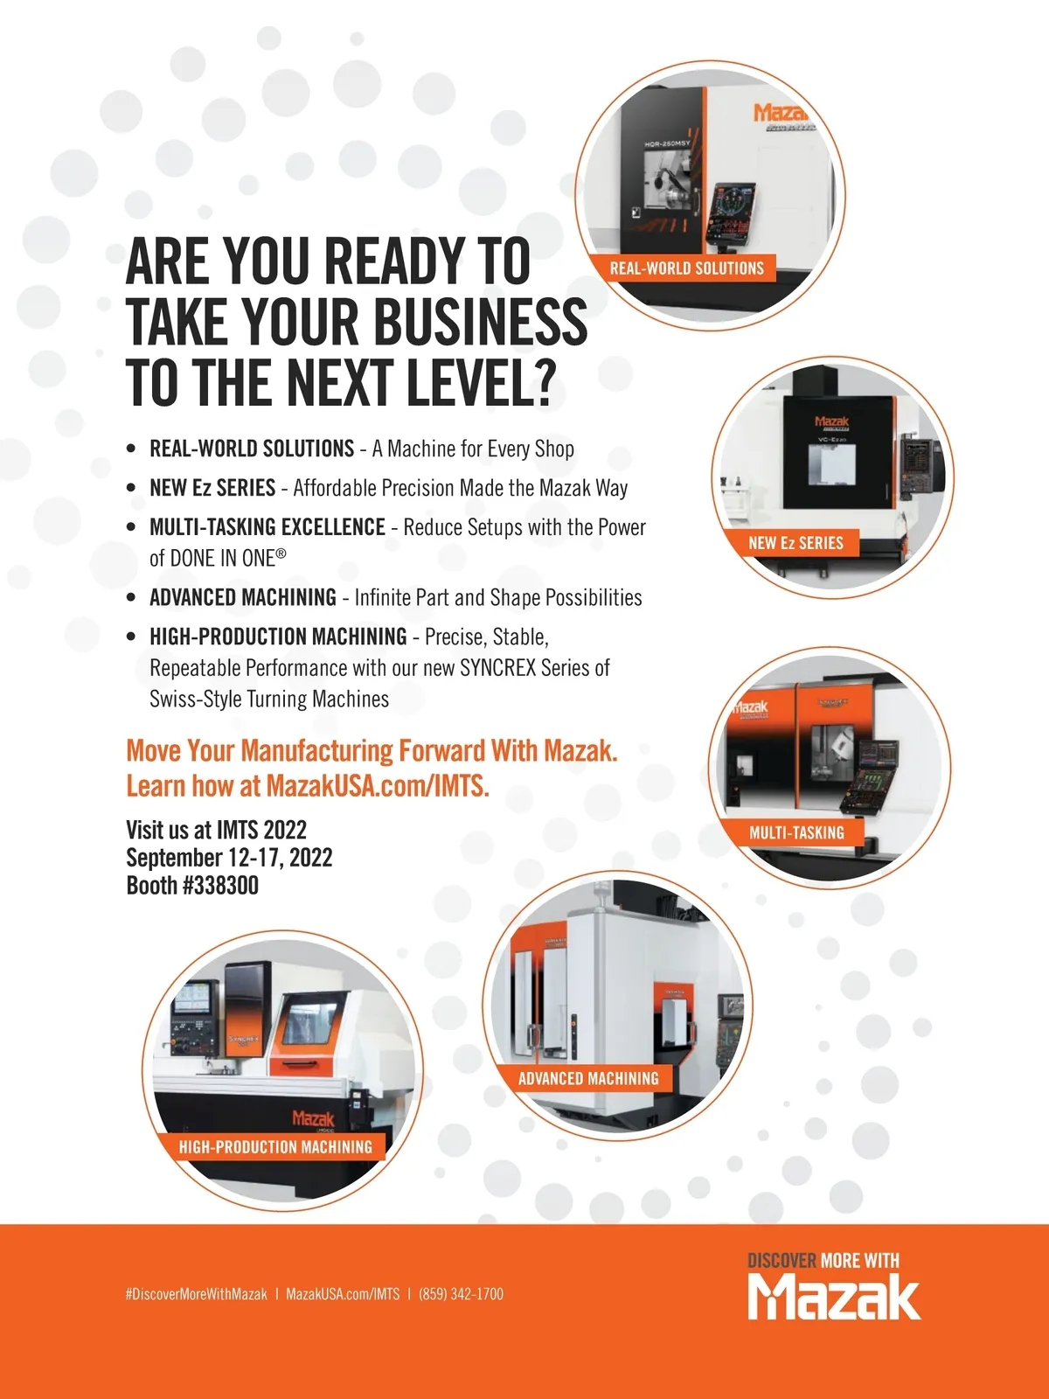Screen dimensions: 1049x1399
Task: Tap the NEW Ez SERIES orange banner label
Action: click(x=795, y=543)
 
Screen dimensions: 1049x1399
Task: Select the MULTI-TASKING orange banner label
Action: click(x=796, y=832)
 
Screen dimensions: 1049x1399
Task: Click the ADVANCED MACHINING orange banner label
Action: click(x=587, y=1078)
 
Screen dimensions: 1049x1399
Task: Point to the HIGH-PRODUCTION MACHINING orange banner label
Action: click(x=275, y=1147)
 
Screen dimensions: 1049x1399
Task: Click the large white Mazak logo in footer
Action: click(x=834, y=1297)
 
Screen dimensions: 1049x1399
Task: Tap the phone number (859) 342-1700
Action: click(x=462, y=1294)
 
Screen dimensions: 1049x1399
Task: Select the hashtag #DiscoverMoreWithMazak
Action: click(x=197, y=1294)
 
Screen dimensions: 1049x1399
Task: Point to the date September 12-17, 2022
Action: click(x=229, y=857)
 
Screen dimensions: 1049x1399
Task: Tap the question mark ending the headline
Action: click(x=541, y=382)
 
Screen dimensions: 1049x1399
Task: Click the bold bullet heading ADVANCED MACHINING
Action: click(x=243, y=598)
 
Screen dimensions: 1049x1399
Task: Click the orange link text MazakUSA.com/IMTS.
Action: click(x=377, y=786)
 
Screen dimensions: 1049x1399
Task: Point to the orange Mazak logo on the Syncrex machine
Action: click(x=313, y=1118)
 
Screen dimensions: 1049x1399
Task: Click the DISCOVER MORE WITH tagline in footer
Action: click(x=823, y=1260)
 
